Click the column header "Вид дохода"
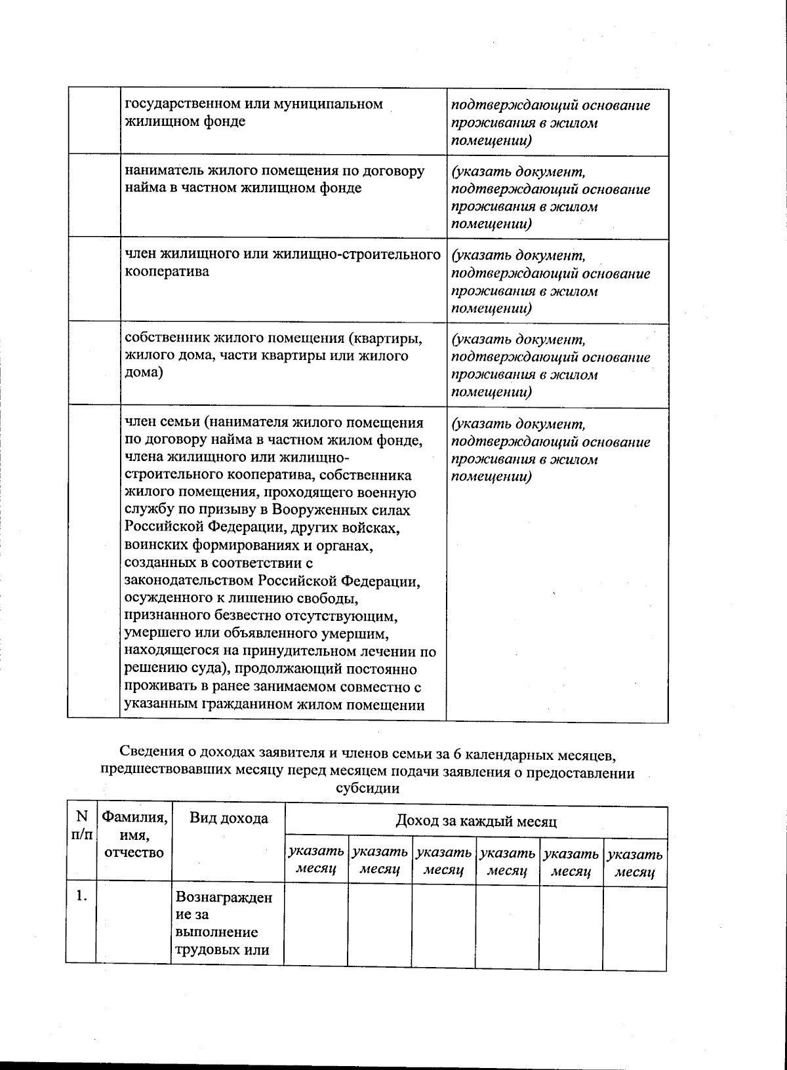coord(228,818)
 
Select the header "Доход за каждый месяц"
coord(476,821)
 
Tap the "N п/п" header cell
coord(81,825)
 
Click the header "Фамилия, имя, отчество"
coord(134,835)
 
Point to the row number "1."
coord(81,896)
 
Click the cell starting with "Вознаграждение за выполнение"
coord(224,923)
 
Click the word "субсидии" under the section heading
coord(367,789)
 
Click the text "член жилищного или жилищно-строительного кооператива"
coord(282,263)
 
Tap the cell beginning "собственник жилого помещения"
coord(274,355)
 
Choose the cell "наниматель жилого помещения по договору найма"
coord(274,179)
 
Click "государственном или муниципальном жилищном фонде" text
coord(253,113)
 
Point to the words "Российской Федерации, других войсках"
coord(260,528)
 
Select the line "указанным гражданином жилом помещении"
coord(274,705)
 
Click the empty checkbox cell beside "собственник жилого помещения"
coord(94,364)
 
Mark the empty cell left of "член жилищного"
coord(94,280)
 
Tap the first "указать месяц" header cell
coord(316,862)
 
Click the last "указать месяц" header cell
coord(635,862)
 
